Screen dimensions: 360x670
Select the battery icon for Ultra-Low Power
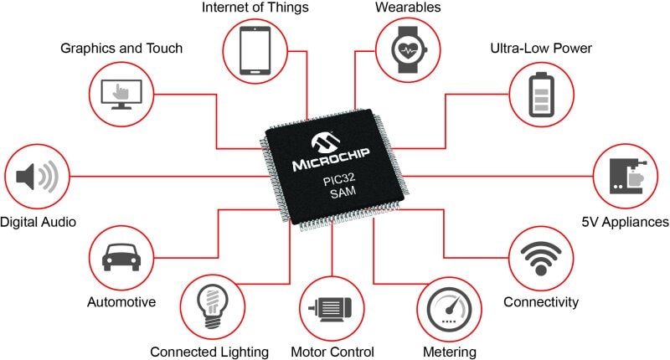pyautogui.click(x=540, y=93)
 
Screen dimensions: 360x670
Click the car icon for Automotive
pyautogui.click(x=121, y=257)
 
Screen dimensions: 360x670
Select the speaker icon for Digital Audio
pyautogui.click(x=36, y=177)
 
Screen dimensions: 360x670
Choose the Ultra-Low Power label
pyautogui.click(x=541, y=49)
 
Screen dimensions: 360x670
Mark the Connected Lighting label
pyautogui.click(x=209, y=352)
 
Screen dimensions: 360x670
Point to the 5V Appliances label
pyautogui.click(x=625, y=222)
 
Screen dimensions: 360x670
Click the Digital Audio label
pyautogui.click(x=38, y=222)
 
